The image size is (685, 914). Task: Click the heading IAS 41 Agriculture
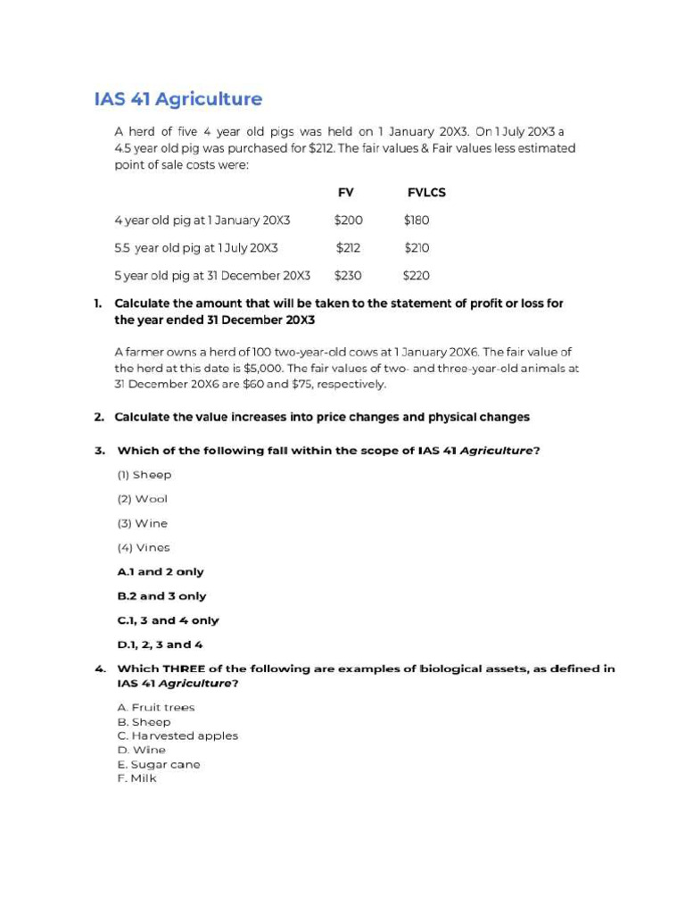[x=178, y=98]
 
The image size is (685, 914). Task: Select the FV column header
[x=346, y=193]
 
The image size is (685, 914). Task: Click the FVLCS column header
[x=426, y=193]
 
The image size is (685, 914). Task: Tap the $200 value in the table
[x=348, y=220]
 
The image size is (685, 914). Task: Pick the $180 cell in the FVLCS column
[x=417, y=220]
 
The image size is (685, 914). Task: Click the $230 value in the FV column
[x=348, y=276]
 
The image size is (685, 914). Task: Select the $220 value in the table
[x=417, y=276]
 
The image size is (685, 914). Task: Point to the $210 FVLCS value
[x=417, y=247]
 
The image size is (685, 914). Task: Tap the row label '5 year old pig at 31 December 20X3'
[x=212, y=276]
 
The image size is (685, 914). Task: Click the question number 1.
[x=98, y=303]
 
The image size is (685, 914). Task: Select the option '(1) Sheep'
[x=144, y=475]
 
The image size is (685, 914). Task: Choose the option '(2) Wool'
[x=142, y=499]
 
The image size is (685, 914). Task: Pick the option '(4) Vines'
[x=143, y=547]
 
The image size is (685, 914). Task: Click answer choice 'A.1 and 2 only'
[x=161, y=572]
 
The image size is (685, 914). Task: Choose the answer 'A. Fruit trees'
[x=155, y=708]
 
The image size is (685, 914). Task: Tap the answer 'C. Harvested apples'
[x=177, y=736]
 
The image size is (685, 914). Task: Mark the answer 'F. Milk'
[x=136, y=778]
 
